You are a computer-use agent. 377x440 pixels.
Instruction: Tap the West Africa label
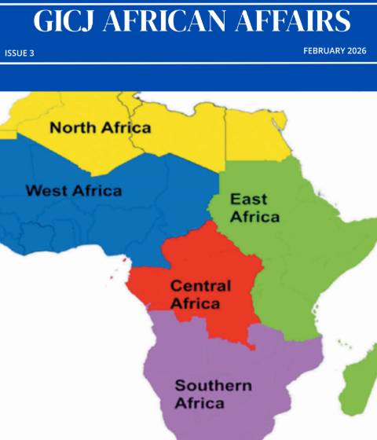tap(73, 191)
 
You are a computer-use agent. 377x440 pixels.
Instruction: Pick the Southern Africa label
tap(213, 394)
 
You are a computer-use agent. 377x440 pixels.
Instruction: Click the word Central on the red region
tap(200, 284)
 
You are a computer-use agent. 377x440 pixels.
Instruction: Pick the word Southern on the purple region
tap(213, 386)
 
